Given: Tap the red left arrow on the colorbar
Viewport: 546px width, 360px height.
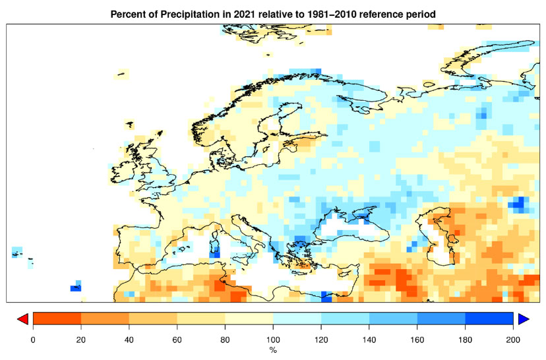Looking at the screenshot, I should pos(22,319).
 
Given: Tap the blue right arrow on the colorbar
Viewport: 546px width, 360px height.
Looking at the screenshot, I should pos(524,319).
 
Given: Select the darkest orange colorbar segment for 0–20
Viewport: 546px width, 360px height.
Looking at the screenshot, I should pos(57,319).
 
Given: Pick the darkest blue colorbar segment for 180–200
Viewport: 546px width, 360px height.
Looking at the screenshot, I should pos(489,319).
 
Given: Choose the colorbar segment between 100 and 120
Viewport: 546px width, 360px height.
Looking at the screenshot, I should pos(297,319).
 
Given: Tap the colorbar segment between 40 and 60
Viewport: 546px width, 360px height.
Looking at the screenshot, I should pos(153,319).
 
